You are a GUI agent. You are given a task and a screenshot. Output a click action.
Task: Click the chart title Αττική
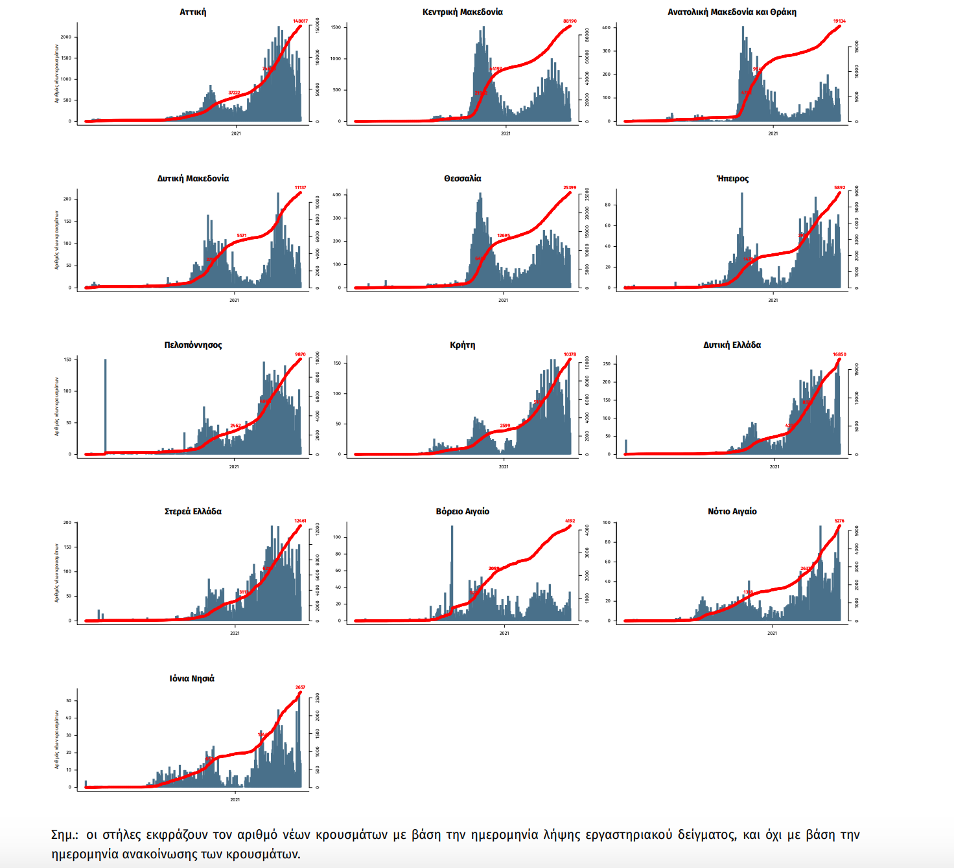coord(192,12)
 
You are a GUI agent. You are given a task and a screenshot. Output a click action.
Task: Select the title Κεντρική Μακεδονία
coord(462,12)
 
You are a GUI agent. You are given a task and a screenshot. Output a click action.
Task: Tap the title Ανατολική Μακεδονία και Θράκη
coord(732,12)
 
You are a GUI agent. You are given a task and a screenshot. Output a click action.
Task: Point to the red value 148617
coord(300,21)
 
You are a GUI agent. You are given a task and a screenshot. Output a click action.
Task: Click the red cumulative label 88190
coord(570,21)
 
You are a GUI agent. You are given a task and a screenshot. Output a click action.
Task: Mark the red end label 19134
coord(839,21)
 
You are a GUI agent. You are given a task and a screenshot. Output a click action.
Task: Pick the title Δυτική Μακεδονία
coord(192,179)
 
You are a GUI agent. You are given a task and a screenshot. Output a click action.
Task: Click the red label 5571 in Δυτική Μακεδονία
coord(242,236)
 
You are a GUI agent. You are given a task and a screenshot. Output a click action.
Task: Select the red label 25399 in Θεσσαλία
coord(570,188)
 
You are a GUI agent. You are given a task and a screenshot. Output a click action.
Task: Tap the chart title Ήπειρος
coord(732,179)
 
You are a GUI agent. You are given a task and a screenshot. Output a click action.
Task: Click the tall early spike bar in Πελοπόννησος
coord(105,405)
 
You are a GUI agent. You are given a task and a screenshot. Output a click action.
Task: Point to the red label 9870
coord(300,354)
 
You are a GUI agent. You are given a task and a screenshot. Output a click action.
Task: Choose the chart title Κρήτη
coord(462,345)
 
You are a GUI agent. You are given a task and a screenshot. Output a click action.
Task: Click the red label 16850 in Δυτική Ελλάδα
coord(839,354)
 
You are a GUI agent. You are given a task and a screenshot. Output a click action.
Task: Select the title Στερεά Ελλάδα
coord(192,512)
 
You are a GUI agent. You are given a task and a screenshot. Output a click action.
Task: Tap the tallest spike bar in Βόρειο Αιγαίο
coord(452,570)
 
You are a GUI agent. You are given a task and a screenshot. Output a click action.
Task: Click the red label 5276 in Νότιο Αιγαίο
coord(839,521)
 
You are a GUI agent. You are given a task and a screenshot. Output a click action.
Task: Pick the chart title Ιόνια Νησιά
coord(192,679)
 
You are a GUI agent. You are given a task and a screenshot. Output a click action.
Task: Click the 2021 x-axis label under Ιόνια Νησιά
coord(235,799)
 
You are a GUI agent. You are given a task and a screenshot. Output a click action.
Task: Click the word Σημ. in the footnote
coord(64,835)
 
